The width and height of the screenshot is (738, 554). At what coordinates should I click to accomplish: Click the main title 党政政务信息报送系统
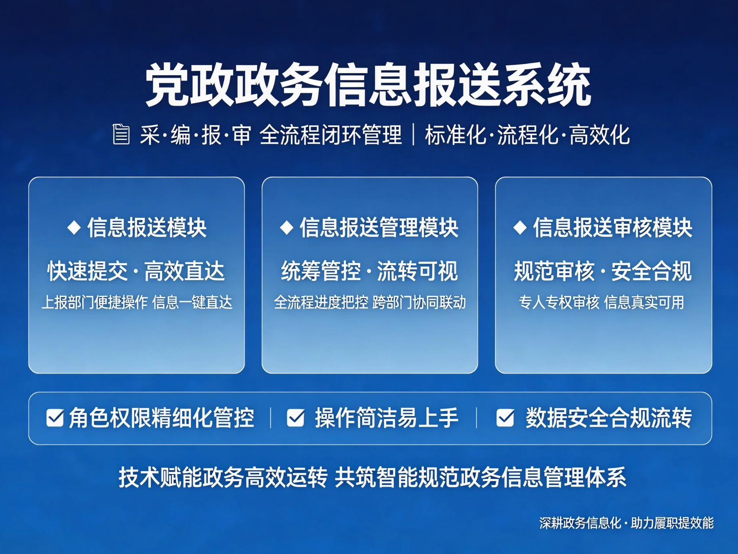point(368,85)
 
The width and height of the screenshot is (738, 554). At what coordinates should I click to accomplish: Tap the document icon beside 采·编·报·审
point(121,134)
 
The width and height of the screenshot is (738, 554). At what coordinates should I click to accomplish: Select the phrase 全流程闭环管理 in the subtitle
point(330,135)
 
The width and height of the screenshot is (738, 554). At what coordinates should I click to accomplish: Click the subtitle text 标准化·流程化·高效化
point(527,135)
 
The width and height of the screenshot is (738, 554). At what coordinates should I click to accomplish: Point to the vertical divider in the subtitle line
point(413,135)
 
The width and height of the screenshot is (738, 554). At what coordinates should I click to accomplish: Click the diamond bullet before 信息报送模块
point(74,227)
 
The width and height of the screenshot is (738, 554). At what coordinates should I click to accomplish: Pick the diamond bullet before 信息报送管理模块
point(287,227)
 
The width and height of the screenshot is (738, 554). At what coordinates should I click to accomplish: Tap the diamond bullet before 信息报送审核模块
point(520,227)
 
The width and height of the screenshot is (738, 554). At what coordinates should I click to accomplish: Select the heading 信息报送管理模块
point(379,227)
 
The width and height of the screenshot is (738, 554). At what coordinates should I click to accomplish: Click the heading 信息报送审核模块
point(613,227)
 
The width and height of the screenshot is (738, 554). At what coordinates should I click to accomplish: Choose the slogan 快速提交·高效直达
point(136,271)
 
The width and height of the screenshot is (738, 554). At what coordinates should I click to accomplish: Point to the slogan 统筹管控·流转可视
point(370,271)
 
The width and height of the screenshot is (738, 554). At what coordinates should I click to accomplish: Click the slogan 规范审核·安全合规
point(603,271)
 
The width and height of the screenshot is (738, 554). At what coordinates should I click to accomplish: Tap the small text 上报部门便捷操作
point(95,302)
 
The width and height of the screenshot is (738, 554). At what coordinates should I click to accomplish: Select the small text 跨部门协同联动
point(419,302)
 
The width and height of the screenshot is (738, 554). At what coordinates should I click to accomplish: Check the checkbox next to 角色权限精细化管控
point(55,418)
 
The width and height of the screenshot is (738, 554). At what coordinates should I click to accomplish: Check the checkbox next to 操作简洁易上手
point(296,418)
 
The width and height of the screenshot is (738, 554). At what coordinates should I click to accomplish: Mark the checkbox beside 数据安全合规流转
point(505,418)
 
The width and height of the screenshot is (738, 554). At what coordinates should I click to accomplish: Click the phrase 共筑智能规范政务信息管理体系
point(481,477)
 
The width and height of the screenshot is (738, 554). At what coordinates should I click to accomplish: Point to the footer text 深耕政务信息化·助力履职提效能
point(627,523)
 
